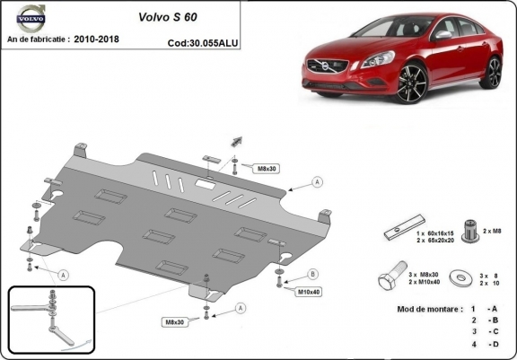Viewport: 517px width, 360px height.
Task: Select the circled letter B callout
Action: (x=312, y=273)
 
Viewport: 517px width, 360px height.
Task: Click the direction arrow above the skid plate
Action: (x=239, y=139)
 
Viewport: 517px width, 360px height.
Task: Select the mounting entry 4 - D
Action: (x=482, y=344)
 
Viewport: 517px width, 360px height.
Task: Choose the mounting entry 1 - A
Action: (x=482, y=310)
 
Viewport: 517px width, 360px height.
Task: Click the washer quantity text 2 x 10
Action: (x=490, y=283)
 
